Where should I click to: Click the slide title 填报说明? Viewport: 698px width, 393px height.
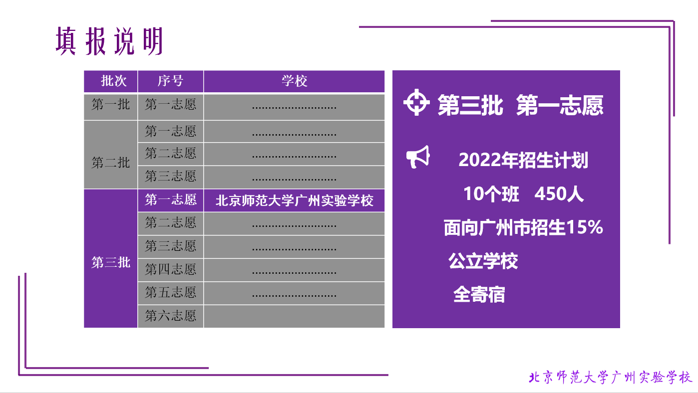(x=109, y=41)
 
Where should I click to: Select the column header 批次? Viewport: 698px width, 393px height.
(x=113, y=81)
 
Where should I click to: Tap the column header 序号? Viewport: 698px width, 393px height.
(x=170, y=81)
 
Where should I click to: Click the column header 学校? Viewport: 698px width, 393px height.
(x=294, y=81)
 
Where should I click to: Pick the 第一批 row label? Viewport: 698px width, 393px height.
(x=111, y=104)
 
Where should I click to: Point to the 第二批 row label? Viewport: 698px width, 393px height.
(x=111, y=163)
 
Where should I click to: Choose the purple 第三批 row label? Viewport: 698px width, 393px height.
(x=111, y=262)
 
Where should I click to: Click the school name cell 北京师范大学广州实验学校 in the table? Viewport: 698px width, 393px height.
(x=294, y=200)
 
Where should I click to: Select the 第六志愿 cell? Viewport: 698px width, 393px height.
(x=170, y=316)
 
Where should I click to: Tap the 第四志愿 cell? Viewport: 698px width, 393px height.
(x=170, y=269)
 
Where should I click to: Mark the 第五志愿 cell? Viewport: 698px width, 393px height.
(x=170, y=292)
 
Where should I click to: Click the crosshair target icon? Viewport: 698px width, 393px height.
(x=416, y=102)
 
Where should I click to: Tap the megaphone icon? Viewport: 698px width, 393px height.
(x=418, y=157)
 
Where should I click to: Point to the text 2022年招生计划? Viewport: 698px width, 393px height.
(x=523, y=160)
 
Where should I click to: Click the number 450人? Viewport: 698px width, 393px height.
(x=559, y=194)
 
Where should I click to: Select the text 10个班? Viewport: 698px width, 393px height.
(x=491, y=194)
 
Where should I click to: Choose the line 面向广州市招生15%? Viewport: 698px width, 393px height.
(x=523, y=227)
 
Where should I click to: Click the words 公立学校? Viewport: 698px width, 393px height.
(x=483, y=261)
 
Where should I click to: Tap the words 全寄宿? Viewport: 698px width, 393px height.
(x=479, y=294)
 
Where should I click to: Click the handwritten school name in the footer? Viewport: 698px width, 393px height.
(x=610, y=377)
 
